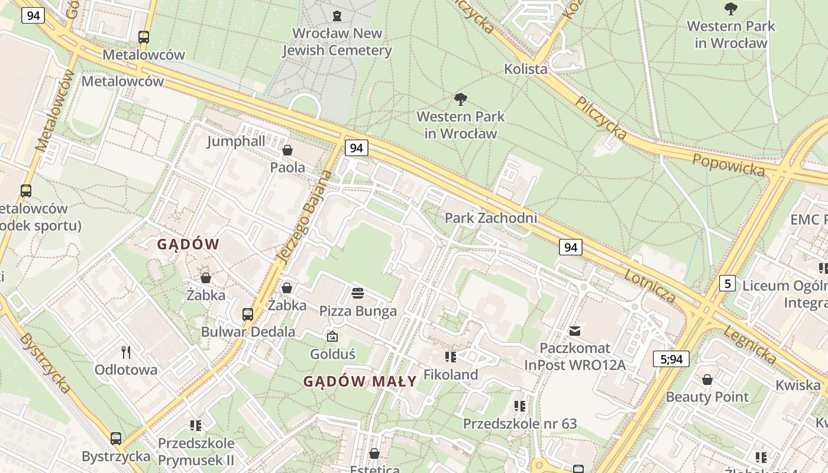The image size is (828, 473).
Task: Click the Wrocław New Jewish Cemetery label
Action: (337, 42)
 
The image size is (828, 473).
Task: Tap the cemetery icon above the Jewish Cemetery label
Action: (337, 15)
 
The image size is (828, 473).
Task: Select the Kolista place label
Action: (526, 69)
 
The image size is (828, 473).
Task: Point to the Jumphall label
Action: (236, 141)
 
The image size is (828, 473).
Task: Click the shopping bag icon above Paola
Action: (287, 150)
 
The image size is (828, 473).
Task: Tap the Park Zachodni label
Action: (491, 218)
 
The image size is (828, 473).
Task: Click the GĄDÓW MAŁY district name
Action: (360, 382)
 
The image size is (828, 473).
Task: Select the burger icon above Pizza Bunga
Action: (358, 293)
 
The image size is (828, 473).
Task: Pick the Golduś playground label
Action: (332, 354)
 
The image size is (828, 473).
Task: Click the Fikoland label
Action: (451, 375)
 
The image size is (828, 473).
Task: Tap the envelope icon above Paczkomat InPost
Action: (575, 331)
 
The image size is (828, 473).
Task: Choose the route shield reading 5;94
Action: (671, 359)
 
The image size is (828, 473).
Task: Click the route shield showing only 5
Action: (727, 284)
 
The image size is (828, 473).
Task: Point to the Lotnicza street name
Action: (650, 286)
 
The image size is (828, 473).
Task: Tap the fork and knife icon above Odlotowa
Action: (126, 352)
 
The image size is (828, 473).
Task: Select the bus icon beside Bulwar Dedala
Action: (248, 315)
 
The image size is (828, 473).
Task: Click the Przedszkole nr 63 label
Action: (519, 424)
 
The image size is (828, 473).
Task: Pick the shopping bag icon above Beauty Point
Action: (707, 380)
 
